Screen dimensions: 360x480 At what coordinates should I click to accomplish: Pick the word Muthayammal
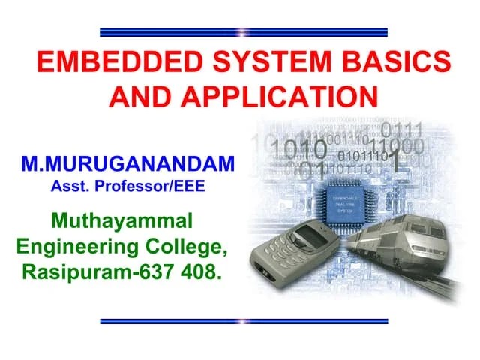click(x=121, y=221)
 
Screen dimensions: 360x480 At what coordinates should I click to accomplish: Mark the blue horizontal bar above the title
click(x=244, y=32)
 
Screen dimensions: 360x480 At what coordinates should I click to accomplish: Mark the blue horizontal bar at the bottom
click(x=244, y=321)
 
